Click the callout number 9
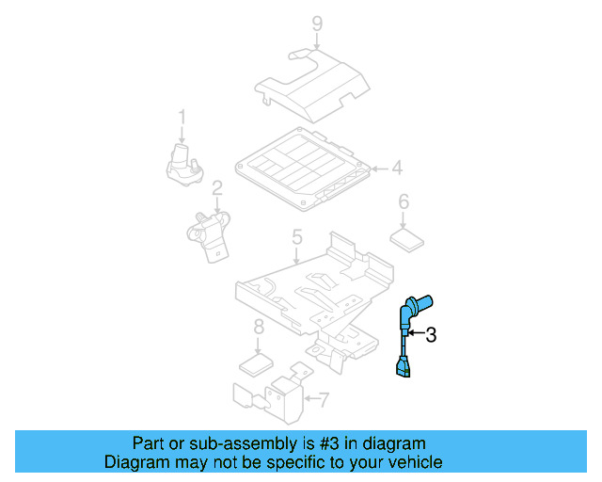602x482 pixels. click(317, 23)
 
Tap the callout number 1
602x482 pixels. click(182, 118)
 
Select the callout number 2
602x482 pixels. click(216, 188)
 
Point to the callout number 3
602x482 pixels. click(431, 334)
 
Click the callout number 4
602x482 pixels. click(397, 169)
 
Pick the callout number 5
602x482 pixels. click(404, 201)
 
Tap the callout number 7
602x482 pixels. click(258, 328)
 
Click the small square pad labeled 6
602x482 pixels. click(406, 237)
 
